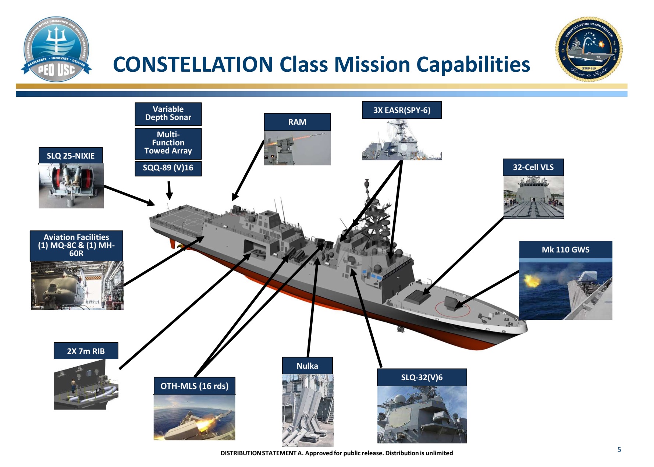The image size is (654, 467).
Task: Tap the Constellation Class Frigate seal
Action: click(589, 49)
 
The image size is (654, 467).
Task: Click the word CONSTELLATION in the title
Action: click(193, 64)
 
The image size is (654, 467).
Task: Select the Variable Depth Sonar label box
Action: click(168, 114)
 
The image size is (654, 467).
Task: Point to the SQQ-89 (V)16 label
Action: click(168, 168)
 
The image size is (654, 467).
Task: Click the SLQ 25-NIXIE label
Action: click(71, 156)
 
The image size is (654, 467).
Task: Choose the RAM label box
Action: click(297, 122)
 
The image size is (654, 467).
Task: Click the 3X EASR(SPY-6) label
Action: click(402, 110)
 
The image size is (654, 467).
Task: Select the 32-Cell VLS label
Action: click(533, 167)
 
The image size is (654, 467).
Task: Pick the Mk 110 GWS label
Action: click(565, 250)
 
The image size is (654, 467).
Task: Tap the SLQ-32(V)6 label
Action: click(422, 378)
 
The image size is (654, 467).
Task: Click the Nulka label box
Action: click(307, 366)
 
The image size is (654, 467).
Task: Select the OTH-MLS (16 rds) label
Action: click(194, 386)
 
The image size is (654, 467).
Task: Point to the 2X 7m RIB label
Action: click(86, 351)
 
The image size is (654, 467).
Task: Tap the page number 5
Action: click(619, 450)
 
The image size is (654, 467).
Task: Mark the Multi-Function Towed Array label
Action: click(168, 143)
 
